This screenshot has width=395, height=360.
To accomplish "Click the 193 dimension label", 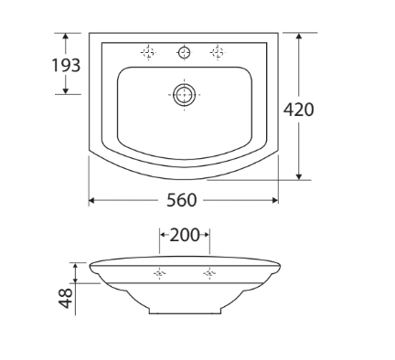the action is [66, 65].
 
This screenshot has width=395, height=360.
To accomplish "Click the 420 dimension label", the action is [298, 110].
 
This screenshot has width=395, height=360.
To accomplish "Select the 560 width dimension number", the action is [182, 200].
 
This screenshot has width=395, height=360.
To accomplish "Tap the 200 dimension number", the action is [184, 235].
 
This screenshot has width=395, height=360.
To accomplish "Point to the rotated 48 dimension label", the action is [66, 298].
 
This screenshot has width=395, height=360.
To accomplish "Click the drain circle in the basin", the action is [184, 95].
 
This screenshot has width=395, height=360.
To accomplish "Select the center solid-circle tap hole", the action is [185, 52].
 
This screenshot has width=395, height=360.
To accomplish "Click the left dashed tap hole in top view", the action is [148, 52].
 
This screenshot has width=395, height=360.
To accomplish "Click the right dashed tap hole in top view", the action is [218, 52].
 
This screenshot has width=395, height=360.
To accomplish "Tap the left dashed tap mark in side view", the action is [159, 273].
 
